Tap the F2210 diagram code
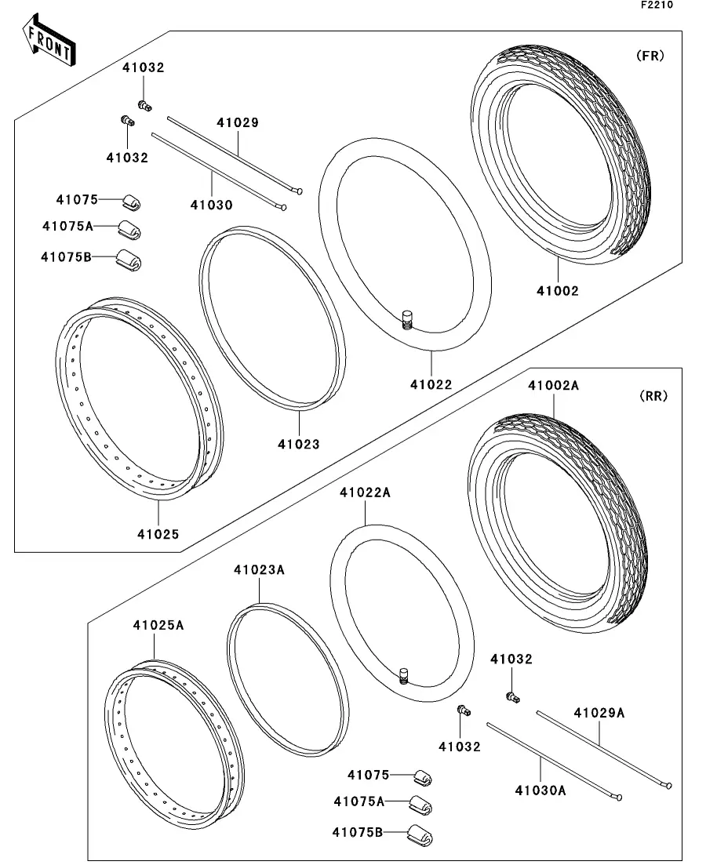[657, 5]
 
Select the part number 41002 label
[558, 291]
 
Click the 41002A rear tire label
[553, 386]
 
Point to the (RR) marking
[653, 396]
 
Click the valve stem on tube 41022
[406, 320]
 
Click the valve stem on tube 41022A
[405, 674]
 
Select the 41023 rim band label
[298, 444]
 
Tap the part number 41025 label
[158, 534]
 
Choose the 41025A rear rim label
[158, 625]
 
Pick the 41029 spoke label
[238, 122]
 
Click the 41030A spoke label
[540, 790]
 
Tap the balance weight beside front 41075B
[129, 260]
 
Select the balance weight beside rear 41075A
[420, 805]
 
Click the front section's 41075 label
[77, 200]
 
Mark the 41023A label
[258, 569]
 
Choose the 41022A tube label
[365, 492]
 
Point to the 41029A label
[599, 713]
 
